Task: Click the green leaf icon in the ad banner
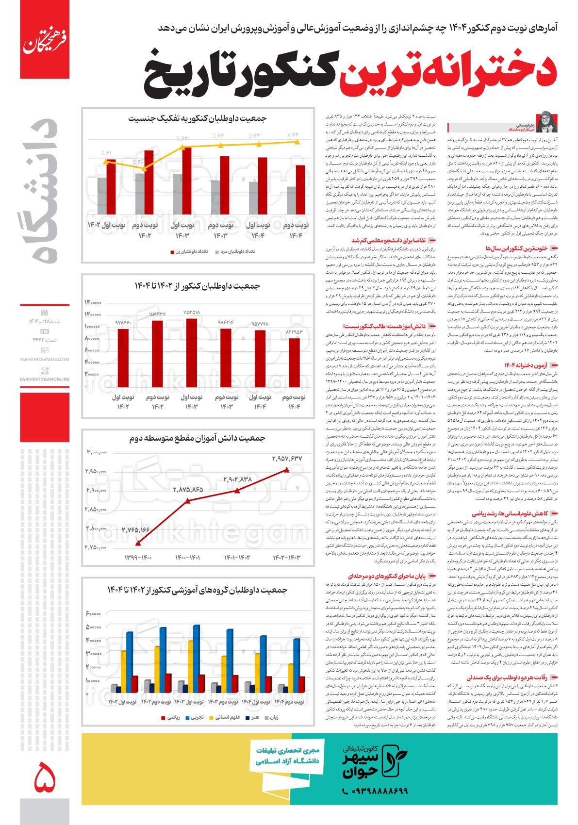(x=394, y=768)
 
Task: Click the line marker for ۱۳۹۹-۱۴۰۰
(x=138, y=543)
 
